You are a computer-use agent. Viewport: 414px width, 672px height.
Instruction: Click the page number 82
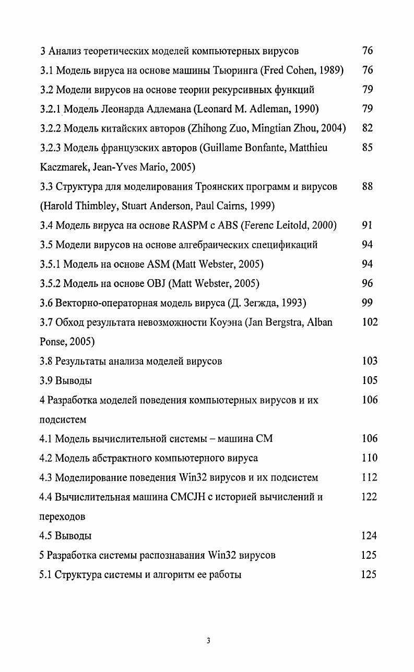pos(367,128)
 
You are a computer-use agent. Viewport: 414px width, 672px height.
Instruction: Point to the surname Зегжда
pos(258,303)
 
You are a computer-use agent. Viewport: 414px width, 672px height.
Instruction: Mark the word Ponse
pos(53,342)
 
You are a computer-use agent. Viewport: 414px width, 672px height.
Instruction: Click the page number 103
pos(369,361)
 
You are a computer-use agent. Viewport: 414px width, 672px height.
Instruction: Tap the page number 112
pos(369,477)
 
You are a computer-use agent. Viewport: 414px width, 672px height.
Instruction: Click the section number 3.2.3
pos(52,148)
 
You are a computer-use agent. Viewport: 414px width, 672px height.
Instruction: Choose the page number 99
pos(367,303)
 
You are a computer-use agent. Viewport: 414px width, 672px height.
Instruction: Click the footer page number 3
pos(208,641)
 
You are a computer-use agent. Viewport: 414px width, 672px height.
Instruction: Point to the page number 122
pos(369,497)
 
